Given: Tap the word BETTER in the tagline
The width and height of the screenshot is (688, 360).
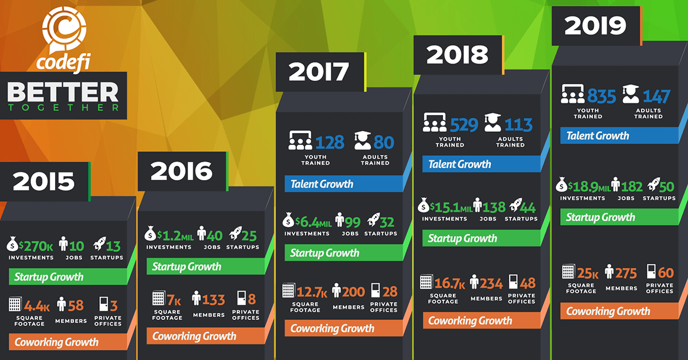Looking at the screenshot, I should [x=63, y=92].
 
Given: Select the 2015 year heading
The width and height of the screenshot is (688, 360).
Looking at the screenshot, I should [x=44, y=181].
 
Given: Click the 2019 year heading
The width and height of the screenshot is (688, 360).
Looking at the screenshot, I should [x=595, y=26].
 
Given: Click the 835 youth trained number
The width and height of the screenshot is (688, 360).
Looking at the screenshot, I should [x=601, y=96].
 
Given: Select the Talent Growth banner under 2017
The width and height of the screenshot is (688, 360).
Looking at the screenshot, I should [x=322, y=184].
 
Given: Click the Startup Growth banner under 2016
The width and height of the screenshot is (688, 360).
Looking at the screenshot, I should [x=186, y=267].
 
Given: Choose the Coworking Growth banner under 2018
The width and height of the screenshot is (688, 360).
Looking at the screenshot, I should [x=470, y=320].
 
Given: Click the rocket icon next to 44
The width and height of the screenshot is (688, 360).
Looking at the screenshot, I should [x=513, y=206].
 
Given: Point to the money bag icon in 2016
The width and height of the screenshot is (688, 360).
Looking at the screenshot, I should [x=149, y=234].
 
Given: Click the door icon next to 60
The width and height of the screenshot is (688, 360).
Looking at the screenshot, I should [x=651, y=271].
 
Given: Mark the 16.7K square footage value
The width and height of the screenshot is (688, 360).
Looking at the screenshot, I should [x=448, y=283].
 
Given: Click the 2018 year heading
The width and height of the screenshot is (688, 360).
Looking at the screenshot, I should [x=458, y=55].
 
